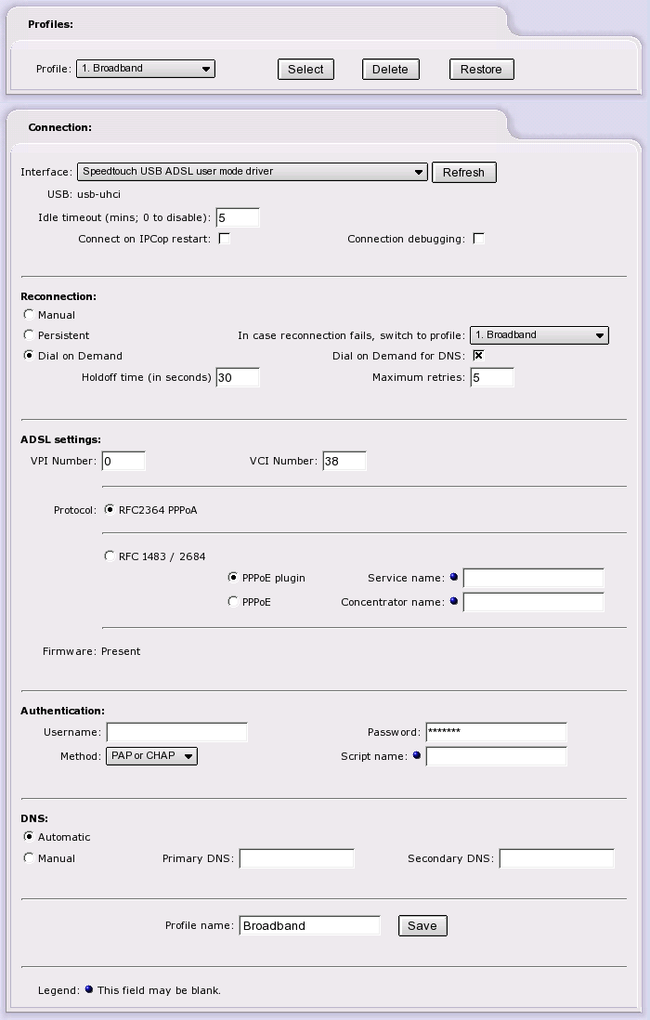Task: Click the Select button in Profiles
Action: (x=305, y=69)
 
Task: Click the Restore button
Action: (x=481, y=69)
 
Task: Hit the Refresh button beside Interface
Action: (x=463, y=172)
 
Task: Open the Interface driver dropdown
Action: (x=252, y=172)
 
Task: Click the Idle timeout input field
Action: (x=237, y=218)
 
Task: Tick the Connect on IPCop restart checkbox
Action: (x=224, y=239)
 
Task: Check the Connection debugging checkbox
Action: (x=478, y=239)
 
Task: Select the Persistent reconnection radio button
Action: (x=29, y=335)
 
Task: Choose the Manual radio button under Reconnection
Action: (x=29, y=315)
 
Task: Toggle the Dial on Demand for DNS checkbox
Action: (x=478, y=356)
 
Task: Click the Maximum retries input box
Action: (x=491, y=377)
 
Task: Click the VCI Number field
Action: (x=344, y=461)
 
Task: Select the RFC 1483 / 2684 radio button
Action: (x=110, y=556)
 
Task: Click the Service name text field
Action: (x=533, y=578)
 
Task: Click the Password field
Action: (x=496, y=732)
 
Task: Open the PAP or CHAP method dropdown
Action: (x=152, y=756)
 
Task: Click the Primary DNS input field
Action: (x=296, y=858)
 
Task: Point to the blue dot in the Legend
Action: (x=89, y=989)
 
